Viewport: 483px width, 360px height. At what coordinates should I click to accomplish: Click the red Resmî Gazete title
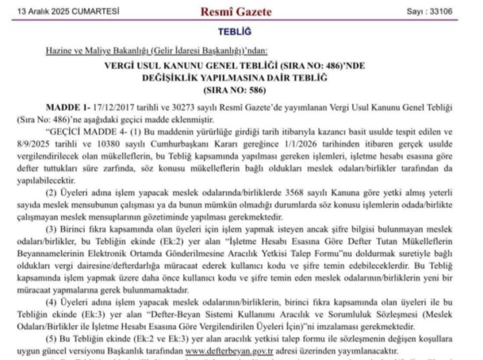241,11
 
